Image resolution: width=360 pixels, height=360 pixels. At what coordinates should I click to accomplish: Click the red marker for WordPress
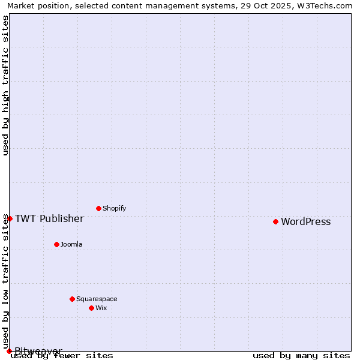point(275,221)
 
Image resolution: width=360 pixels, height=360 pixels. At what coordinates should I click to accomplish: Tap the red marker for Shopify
point(98,208)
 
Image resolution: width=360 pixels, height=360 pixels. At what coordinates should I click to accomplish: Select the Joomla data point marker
point(56,244)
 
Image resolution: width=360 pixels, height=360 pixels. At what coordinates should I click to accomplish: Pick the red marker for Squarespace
point(72,299)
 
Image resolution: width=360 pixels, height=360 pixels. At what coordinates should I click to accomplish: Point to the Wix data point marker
point(91,308)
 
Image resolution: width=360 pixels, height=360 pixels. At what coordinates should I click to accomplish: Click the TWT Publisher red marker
point(10,218)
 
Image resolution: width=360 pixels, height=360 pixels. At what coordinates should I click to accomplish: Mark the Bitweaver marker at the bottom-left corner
point(9,351)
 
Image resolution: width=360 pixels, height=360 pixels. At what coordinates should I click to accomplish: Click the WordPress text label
point(305,221)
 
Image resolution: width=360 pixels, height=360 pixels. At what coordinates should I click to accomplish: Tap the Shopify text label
point(114,208)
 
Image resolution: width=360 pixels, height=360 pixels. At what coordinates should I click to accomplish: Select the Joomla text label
point(71,244)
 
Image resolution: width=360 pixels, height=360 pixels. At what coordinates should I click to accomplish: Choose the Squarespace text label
point(97,299)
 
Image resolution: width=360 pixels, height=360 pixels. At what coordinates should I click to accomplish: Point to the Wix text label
point(101,308)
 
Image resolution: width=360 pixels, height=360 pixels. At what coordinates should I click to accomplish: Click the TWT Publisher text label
point(49,218)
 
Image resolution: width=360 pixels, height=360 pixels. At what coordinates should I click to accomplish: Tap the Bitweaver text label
point(38,350)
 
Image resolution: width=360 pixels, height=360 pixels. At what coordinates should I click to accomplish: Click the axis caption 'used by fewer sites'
point(62,356)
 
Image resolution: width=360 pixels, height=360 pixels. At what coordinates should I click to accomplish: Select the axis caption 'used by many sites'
point(301,356)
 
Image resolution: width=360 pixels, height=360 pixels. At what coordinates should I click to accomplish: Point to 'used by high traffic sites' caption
point(5,85)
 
